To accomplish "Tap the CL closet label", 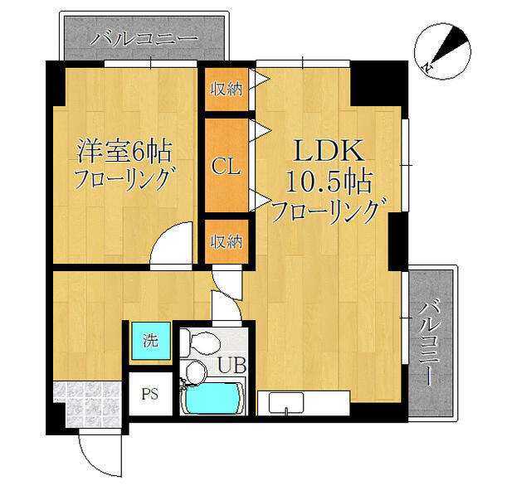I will pyautogui.click(x=226, y=167).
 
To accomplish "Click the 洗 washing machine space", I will pyautogui.click(x=150, y=341).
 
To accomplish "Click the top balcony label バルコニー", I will pyautogui.click(x=144, y=38).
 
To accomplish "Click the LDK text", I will pyautogui.click(x=327, y=151).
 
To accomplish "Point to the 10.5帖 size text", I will pyautogui.click(x=328, y=181).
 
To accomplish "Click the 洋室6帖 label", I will pyautogui.click(x=124, y=151).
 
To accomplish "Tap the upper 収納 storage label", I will pyautogui.click(x=226, y=89).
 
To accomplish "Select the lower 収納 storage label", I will pyautogui.click(x=226, y=241).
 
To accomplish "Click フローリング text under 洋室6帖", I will pyautogui.click(x=124, y=179).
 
